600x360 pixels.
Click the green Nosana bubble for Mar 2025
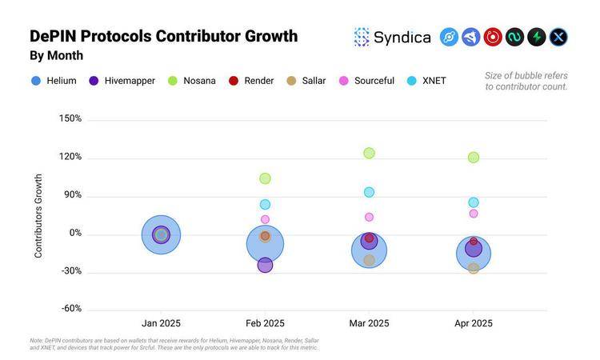369,153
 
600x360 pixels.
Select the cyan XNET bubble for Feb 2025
265,204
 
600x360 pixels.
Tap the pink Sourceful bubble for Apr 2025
474,214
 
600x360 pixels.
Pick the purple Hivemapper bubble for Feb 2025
265,265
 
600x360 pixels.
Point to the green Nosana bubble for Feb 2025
265,178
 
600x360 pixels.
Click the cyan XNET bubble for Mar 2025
369,192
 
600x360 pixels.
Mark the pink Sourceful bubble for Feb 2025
265,219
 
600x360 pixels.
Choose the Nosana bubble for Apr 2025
474,158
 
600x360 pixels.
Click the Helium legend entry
54,81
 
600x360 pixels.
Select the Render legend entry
251,81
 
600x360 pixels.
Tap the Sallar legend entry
306,81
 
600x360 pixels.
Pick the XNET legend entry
426,81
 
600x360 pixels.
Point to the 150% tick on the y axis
70,118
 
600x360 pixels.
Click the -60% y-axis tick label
71,308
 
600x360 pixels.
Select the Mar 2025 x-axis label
369,323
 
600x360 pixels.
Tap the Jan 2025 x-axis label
161,323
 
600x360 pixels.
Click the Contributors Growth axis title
38,216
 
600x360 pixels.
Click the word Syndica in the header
402,38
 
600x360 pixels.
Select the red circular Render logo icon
493,37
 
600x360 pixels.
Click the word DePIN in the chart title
53,36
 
